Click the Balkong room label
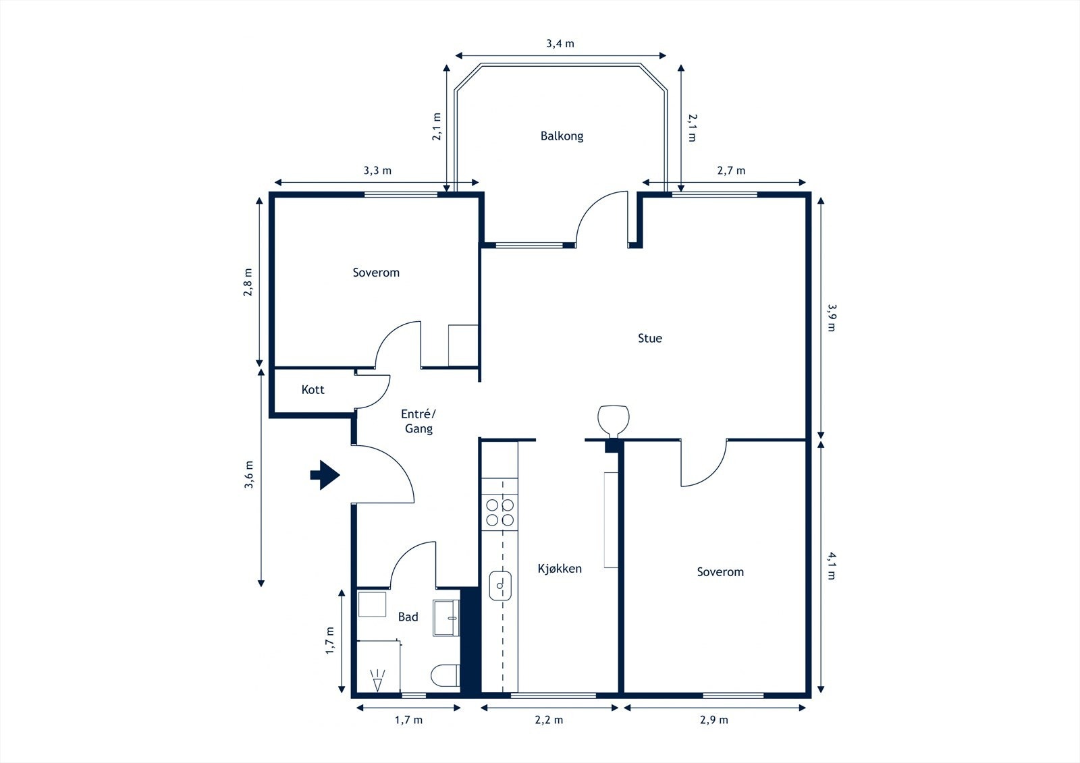562,136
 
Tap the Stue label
650,339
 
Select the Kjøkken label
560,569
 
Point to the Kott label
313,389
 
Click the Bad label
408,617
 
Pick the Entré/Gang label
418,421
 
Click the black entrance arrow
325,475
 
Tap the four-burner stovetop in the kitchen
500,512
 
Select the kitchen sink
500,586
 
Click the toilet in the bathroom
445,676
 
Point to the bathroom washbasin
446,618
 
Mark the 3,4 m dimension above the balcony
560,44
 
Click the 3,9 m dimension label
832,318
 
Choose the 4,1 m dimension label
832,566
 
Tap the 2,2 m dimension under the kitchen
549,720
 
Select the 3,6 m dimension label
249,475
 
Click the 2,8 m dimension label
248,282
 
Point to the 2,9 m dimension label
714,720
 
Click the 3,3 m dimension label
377,171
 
